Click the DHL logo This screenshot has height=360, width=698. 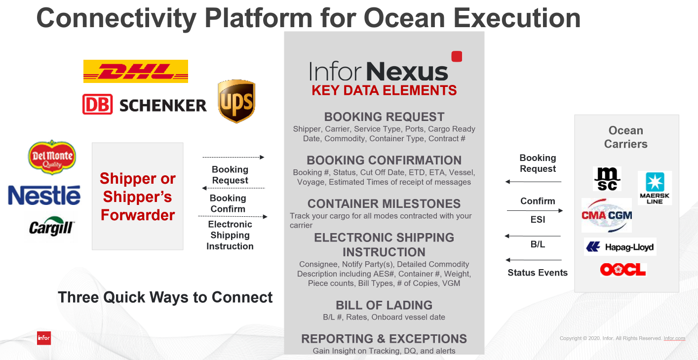(x=136, y=72)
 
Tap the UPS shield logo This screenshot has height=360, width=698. (x=236, y=101)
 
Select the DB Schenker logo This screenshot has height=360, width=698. (x=145, y=104)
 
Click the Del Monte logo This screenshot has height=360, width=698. (x=52, y=157)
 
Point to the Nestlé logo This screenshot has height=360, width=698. (x=44, y=195)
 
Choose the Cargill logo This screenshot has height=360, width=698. (x=51, y=227)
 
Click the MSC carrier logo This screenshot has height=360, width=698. (x=607, y=179)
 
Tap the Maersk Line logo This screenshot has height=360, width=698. (x=655, y=188)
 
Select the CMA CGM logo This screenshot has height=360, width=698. (x=607, y=215)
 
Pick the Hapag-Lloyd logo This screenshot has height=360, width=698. (x=620, y=247)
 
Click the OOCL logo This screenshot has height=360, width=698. (x=623, y=270)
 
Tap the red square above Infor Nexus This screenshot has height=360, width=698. (x=457, y=56)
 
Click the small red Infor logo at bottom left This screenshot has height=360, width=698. (x=44, y=338)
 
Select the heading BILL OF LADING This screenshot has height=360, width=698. (x=384, y=305)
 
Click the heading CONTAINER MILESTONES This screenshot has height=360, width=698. (x=384, y=203)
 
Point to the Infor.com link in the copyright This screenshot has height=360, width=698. (x=674, y=338)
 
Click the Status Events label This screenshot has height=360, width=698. (x=538, y=273)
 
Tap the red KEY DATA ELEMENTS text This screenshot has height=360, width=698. (x=384, y=90)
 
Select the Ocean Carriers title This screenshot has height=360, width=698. (x=626, y=137)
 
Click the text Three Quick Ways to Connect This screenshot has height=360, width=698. (x=165, y=297)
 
